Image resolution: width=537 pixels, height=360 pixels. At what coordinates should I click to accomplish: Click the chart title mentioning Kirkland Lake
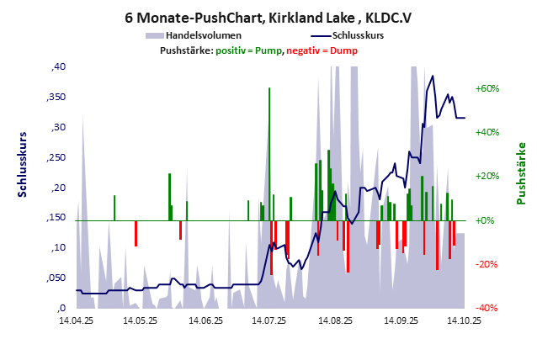(268, 17)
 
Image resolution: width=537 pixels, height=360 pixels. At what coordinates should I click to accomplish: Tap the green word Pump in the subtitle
(268, 50)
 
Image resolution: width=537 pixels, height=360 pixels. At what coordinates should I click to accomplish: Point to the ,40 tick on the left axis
(59, 67)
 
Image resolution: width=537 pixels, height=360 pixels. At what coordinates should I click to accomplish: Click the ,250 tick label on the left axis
(56, 157)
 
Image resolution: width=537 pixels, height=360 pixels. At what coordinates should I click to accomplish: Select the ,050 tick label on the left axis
(56, 278)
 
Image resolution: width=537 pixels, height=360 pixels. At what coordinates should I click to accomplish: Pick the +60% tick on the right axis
(487, 88)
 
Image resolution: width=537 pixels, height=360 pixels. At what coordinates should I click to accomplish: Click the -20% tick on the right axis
(488, 264)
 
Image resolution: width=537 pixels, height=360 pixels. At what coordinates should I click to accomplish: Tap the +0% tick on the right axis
(486, 220)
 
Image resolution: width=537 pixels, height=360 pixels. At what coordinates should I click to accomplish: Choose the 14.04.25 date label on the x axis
(76, 320)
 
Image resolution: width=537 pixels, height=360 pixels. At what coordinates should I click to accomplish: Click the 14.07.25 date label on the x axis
(268, 320)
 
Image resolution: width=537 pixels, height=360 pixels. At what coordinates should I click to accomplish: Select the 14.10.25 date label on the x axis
(463, 320)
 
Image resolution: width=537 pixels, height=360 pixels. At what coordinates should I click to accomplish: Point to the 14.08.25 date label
(333, 320)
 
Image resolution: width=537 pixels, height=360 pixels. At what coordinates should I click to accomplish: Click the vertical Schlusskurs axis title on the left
(23, 163)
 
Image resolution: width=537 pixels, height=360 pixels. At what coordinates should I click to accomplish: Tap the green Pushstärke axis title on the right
(521, 173)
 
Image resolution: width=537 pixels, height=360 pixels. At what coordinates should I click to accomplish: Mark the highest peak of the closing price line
(433, 77)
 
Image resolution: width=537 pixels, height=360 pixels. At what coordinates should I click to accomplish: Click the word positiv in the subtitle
(235, 50)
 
